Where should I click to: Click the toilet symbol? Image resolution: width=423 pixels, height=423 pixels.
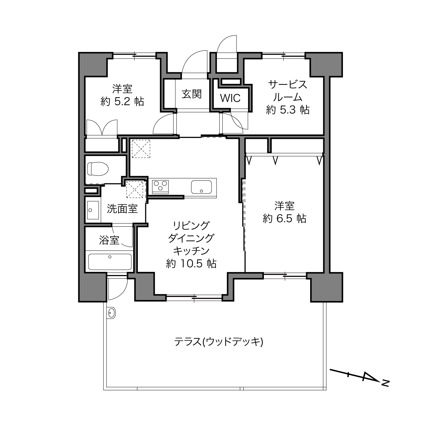(98, 169)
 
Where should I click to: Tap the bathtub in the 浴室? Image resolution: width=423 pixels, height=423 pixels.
(110, 262)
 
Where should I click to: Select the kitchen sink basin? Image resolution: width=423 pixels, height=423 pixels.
(201, 187)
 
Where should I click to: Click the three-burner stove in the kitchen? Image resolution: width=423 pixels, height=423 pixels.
(160, 187)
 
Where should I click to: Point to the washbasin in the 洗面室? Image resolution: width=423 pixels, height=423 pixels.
(93, 210)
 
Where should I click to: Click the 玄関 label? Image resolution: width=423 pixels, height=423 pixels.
(192, 94)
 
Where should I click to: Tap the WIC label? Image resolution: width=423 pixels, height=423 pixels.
(230, 98)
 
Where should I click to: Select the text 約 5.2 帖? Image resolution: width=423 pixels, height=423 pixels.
(122, 101)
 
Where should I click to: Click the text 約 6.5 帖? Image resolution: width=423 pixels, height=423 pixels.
(284, 218)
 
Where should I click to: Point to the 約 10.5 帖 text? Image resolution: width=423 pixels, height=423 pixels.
(191, 264)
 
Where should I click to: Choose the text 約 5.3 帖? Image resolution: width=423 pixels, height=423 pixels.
(288, 109)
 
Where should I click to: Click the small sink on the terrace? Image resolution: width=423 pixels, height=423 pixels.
(111, 312)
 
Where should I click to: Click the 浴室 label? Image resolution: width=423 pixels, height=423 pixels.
(109, 240)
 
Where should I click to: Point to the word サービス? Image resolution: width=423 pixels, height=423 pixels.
(288, 85)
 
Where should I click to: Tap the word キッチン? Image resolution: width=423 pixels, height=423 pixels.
(191, 251)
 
